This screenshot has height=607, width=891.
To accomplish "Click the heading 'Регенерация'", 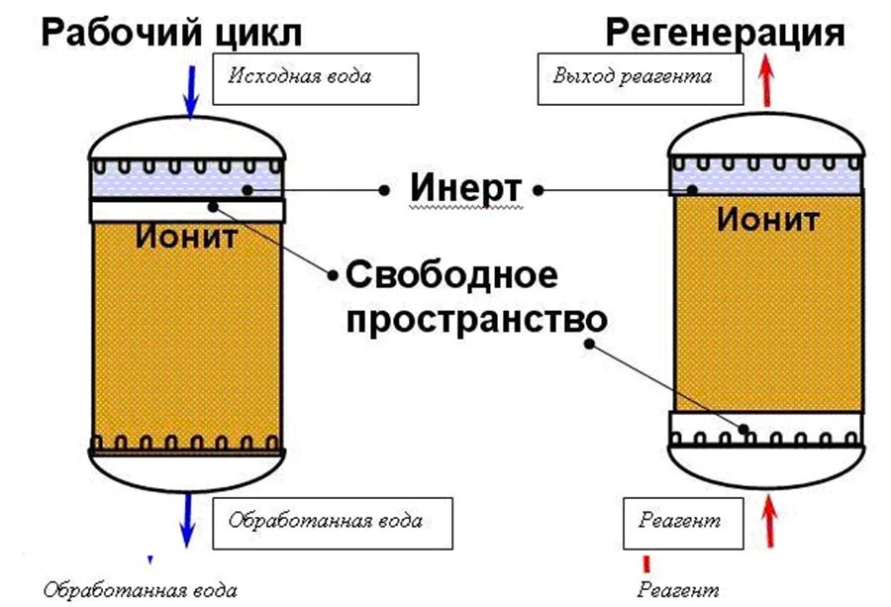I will click(725, 32).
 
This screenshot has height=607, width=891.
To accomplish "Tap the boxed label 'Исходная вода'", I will click(316, 77).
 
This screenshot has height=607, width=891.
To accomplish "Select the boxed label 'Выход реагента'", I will click(639, 78).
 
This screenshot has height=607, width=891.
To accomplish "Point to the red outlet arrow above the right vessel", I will click(765, 81).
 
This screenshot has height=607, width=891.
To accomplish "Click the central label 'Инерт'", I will click(464, 186).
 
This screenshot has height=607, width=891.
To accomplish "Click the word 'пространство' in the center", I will click(474, 318).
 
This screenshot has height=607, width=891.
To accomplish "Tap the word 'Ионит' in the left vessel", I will click(187, 238).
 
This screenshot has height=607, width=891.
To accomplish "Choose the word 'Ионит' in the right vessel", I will click(767, 219).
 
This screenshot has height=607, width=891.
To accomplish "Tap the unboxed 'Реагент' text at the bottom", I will click(678, 591).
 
